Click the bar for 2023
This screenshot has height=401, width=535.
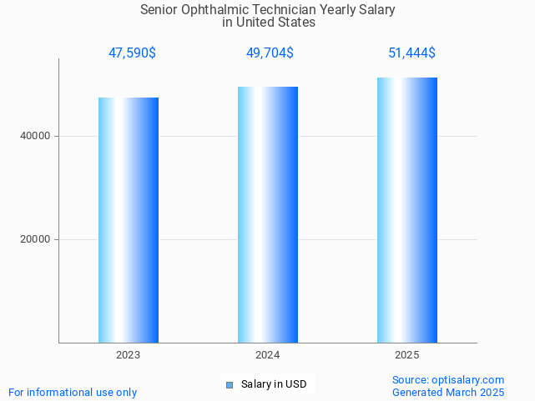point(129,220)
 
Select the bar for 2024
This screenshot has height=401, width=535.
point(268,214)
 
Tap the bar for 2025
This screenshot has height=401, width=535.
point(407,210)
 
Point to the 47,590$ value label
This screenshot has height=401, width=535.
point(132,53)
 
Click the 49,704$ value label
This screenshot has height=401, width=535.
point(269,53)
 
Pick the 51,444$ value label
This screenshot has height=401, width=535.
point(411,53)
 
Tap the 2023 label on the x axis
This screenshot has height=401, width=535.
point(129,355)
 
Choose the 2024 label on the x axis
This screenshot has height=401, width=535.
point(268,355)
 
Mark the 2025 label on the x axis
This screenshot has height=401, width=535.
point(407,355)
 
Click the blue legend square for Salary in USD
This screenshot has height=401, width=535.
point(230,384)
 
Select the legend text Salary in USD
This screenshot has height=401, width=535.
point(274,384)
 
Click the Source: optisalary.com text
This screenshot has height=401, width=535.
point(448,379)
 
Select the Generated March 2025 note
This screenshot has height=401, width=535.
point(448,392)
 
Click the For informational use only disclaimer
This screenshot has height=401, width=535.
point(73,392)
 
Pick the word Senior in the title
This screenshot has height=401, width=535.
point(159,10)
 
